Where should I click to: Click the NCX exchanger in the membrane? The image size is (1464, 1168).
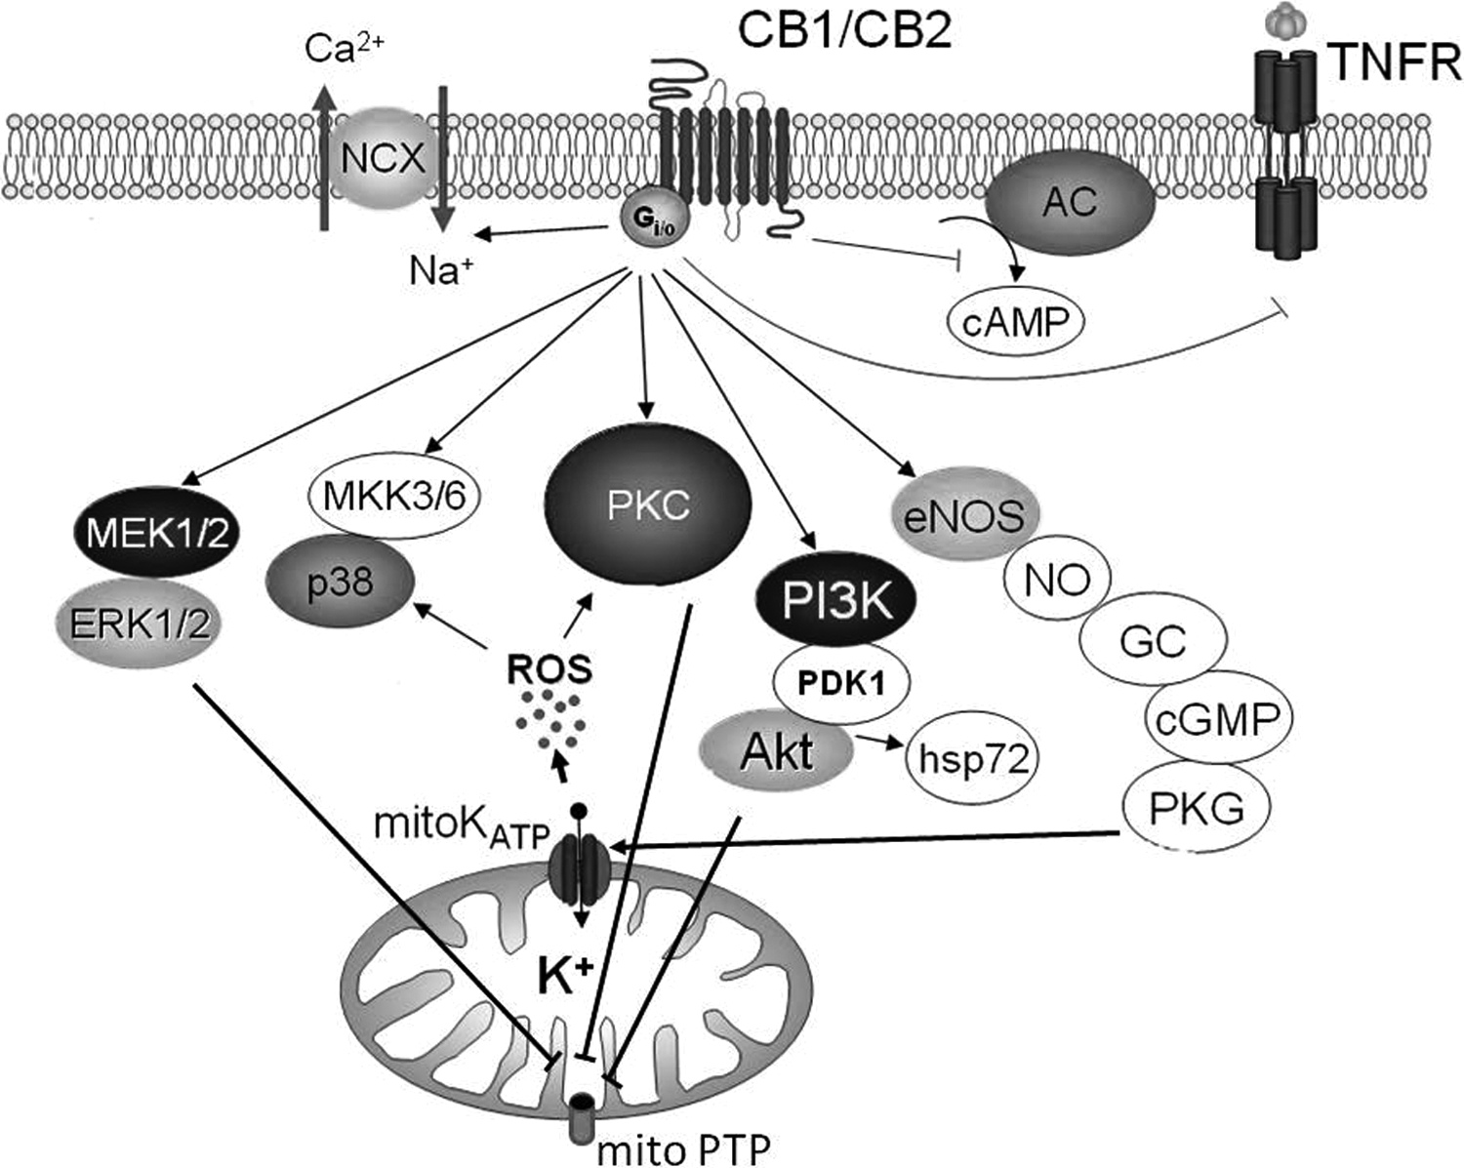(383, 158)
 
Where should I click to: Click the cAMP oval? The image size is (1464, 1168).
(1015, 322)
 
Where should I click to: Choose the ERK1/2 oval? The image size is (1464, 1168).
(142, 624)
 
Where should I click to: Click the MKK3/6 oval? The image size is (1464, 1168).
(394, 497)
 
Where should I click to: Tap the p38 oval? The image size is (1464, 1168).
(340, 582)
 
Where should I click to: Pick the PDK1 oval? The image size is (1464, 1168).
(841, 683)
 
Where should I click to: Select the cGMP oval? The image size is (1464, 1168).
(1218, 718)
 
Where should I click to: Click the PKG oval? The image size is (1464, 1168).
(1196, 808)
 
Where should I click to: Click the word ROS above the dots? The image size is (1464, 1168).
(549, 669)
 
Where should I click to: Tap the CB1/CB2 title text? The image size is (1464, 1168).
(844, 30)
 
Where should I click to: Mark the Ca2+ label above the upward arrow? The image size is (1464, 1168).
(344, 49)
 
